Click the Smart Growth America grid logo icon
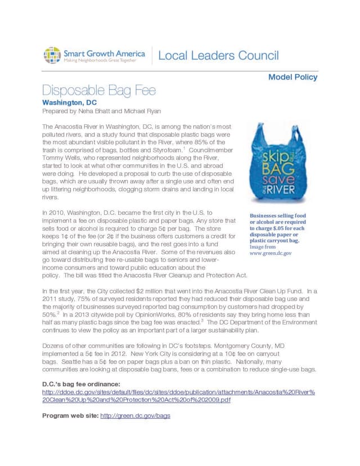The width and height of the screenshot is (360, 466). click(x=52, y=55)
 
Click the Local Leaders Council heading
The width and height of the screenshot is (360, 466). click(x=218, y=56)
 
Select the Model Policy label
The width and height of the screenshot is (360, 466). click(x=292, y=77)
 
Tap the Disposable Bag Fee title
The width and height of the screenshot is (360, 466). click(x=99, y=91)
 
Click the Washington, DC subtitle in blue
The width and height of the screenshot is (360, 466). click(x=70, y=103)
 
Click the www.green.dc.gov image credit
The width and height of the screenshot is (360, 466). click(x=271, y=253)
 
